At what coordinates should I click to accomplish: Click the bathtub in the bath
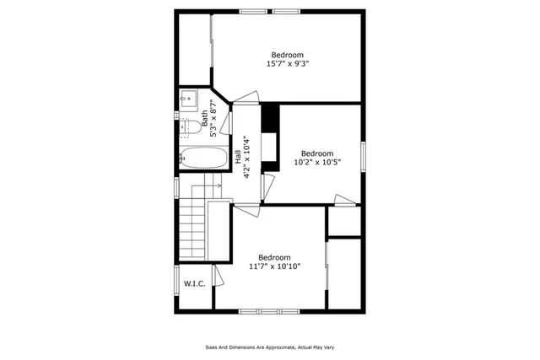pyautogui.click(x=203, y=158)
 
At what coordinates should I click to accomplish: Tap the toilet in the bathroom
pyautogui.click(x=192, y=127)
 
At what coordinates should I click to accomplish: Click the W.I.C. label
pyautogui.click(x=194, y=284)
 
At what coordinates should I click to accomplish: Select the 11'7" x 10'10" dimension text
pyautogui.click(x=275, y=266)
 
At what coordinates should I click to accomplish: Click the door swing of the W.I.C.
pyautogui.click(x=218, y=276)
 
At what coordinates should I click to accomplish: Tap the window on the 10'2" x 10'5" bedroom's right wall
pyautogui.click(x=363, y=158)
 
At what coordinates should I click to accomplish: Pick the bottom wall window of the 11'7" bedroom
pyautogui.click(x=269, y=311)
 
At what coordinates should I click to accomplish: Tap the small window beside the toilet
pyautogui.click(x=176, y=114)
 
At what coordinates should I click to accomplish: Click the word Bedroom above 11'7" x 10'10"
pyautogui.click(x=275, y=257)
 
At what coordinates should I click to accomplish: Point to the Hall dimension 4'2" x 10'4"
pyautogui.click(x=246, y=157)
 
